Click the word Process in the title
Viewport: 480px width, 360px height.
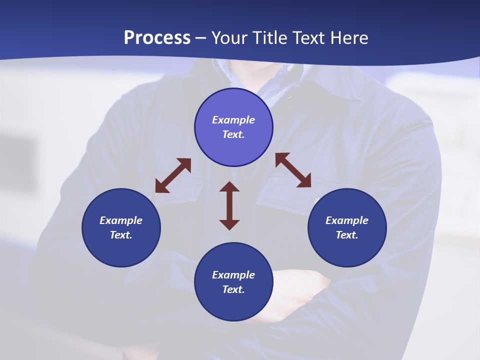157,38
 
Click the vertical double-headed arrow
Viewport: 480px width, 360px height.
229,205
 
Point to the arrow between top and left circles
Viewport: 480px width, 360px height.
173,175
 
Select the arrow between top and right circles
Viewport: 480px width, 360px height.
293,170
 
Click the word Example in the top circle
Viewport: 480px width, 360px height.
233,120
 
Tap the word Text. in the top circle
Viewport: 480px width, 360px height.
233,134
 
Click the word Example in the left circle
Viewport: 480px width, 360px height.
121,220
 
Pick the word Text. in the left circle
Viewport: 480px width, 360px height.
121,235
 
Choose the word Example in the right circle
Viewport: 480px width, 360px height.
347,220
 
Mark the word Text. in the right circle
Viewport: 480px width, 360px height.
347,235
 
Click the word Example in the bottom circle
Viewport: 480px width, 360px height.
233,275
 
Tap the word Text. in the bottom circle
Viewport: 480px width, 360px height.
233,289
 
